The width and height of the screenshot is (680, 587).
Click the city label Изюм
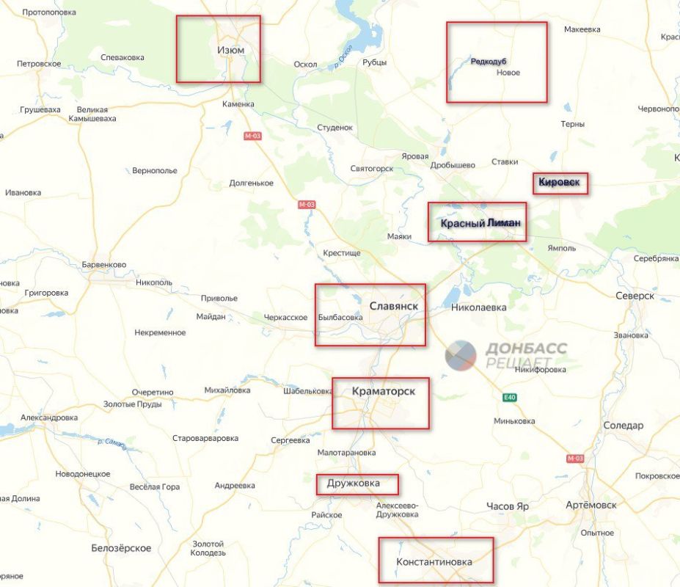coord(230,50)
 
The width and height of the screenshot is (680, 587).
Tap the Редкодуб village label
coord(489,61)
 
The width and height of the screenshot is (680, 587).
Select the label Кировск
coord(560,181)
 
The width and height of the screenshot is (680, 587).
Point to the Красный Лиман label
coord(480,223)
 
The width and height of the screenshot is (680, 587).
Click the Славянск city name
coord(394,305)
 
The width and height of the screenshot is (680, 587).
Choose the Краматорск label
coord(383,391)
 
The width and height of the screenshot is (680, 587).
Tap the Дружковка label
coord(354,484)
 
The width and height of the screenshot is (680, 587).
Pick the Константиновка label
coord(434,562)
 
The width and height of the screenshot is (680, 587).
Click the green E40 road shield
coord(510,398)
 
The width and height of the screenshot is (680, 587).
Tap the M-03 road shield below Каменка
coord(252,136)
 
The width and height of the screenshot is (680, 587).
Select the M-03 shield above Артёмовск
coord(575,458)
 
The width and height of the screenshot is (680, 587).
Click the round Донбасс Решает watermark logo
coord(461,355)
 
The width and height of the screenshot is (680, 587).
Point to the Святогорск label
coord(372,168)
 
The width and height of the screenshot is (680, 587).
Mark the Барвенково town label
coord(104,264)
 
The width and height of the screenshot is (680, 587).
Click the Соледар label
coord(623,426)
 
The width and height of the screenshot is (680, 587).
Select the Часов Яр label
coord(508,506)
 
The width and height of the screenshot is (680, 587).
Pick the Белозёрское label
coord(121,548)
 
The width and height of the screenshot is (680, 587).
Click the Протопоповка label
coord(49,13)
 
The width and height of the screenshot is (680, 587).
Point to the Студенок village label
coord(335,128)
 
